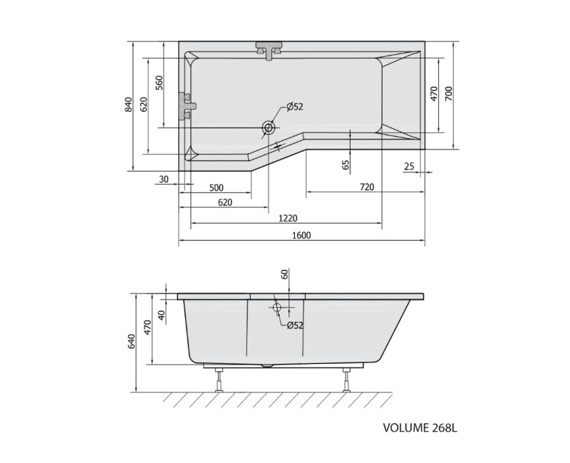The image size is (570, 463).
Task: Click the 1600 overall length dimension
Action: pos(301,235)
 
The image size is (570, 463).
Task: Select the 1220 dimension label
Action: pos(288,218)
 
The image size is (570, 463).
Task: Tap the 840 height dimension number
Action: pos(128,105)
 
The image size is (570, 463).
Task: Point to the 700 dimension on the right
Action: pos(449,94)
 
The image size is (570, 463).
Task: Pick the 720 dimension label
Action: pos(367,187)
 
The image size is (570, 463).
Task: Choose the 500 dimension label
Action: pos(217,188)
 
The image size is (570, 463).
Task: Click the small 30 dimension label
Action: pos(164,180)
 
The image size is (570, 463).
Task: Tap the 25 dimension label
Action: pos(409,167)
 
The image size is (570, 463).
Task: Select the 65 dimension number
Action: pos(346,165)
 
